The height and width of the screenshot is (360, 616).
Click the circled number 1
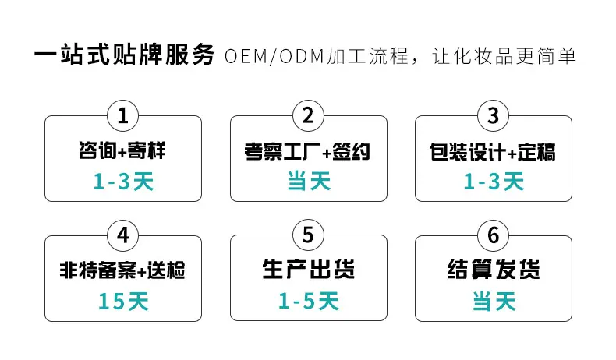coord(123,116)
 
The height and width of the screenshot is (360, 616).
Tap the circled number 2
coord(309,115)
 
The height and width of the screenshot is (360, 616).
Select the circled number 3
coord(494,116)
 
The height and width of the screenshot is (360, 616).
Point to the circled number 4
coord(123,235)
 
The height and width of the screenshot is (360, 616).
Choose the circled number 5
coord(309,235)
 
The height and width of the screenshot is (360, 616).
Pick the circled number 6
coord(494,235)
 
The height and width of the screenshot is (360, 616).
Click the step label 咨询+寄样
coord(122,150)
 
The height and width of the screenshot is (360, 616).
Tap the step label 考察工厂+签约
coord(307,151)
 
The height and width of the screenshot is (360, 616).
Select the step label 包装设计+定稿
coord(493,152)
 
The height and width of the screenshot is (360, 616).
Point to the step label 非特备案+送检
coord(122,270)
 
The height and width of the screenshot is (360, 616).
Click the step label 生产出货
coord(309,270)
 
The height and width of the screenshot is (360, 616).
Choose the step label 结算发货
coord(494,270)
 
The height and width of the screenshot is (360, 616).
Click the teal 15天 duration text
coord(123,302)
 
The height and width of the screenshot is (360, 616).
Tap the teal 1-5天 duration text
coord(309,301)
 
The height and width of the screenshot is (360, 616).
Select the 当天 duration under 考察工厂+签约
coord(309,181)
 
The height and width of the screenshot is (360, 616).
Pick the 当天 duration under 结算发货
coord(494,301)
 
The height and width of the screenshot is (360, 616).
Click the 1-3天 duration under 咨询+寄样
coord(123,182)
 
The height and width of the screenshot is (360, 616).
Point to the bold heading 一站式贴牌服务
coord(125,55)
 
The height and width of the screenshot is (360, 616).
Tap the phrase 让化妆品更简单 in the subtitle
coord(504,56)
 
